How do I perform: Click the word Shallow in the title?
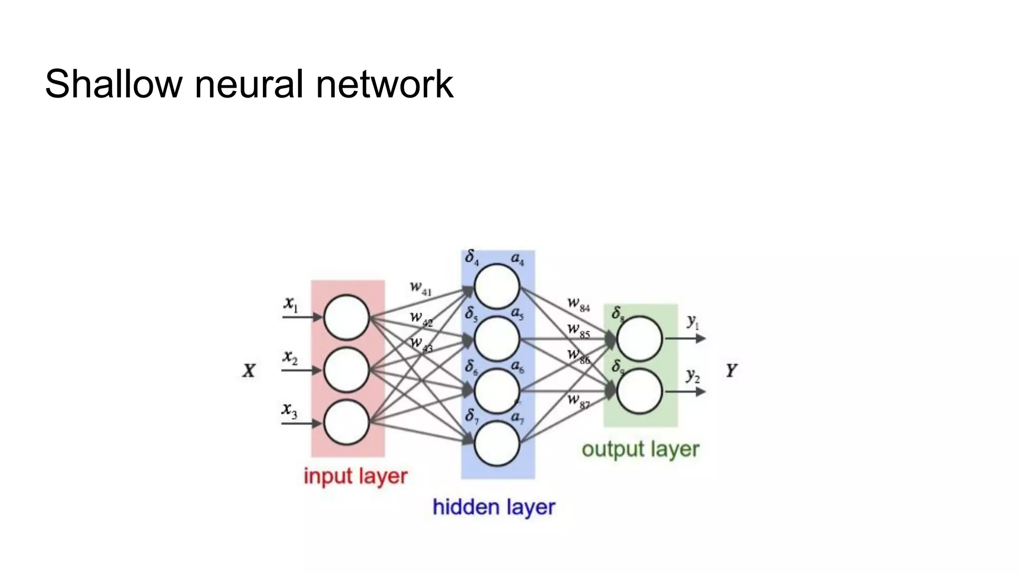click(114, 84)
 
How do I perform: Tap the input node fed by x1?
click(346, 317)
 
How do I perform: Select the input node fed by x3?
click(346, 423)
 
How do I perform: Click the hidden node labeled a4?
click(497, 287)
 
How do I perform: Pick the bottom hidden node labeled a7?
click(497, 443)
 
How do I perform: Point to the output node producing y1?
click(639, 339)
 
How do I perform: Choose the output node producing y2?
click(639, 392)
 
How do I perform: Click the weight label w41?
click(420, 288)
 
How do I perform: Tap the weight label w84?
click(578, 304)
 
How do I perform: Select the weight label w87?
click(578, 401)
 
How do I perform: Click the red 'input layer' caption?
click(356, 476)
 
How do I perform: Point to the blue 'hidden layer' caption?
click(494, 507)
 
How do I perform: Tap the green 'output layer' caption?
click(640, 449)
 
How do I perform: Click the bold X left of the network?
click(249, 371)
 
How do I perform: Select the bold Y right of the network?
click(731, 371)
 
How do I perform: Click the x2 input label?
click(290, 357)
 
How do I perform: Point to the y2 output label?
click(693, 375)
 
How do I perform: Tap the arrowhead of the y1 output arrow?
click(701, 339)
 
